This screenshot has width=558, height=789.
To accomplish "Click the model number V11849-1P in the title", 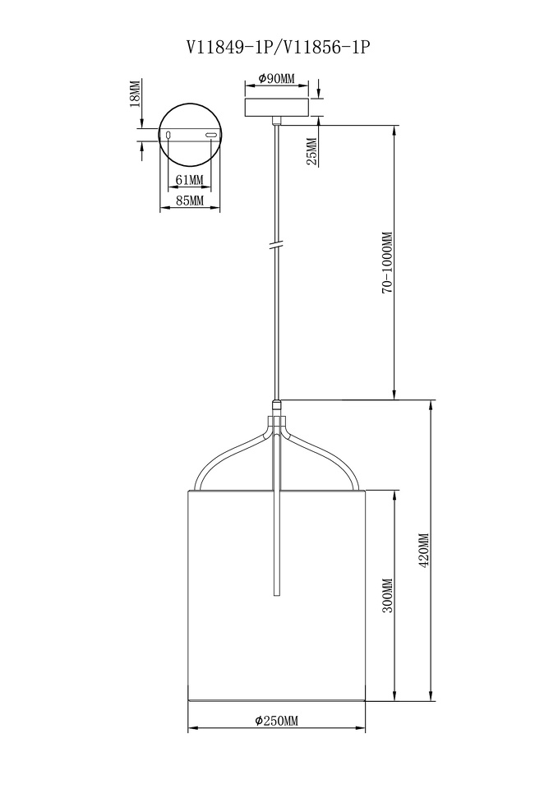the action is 230,47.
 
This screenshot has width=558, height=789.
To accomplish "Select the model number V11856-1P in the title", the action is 328,47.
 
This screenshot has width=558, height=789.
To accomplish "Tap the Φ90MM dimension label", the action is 276,79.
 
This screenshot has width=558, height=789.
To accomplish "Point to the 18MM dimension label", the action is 134,94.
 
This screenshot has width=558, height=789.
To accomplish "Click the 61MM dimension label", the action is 189,180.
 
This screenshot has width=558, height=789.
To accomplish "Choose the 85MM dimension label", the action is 190,201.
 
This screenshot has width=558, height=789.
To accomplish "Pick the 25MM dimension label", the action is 312,151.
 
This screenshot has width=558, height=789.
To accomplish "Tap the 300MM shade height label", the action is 387,595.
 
